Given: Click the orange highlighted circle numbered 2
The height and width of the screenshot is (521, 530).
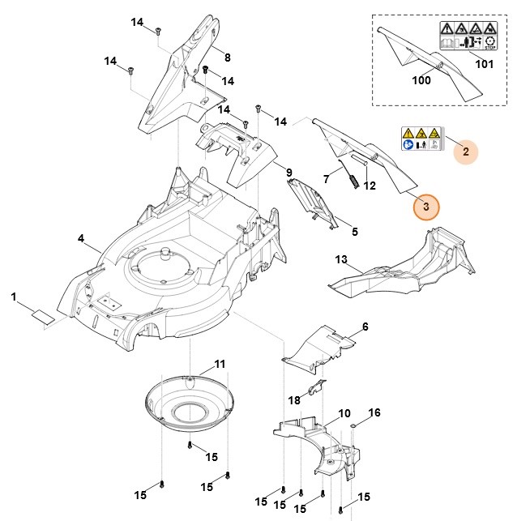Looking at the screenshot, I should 465,150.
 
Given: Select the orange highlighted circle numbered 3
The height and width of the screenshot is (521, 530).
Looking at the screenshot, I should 426,206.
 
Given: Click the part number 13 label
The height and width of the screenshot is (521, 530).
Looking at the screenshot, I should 341,259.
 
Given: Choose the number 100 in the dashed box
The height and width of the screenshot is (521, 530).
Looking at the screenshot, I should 421,81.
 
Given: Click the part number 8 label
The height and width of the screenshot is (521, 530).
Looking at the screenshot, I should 227,57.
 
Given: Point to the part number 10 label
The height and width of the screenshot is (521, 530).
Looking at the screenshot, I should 344,413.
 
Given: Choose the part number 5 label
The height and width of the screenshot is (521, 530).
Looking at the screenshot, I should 354,231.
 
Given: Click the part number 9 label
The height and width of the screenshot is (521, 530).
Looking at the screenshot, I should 289,173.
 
